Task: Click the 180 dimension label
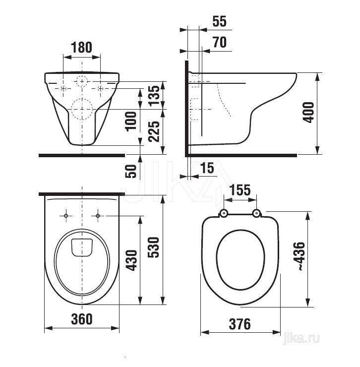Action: coord(81,48)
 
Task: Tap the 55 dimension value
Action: coord(220,21)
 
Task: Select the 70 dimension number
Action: coord(220,42)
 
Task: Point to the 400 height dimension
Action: coord(308,113)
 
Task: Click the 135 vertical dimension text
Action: coord(155,96)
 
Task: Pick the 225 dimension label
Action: coord(155,131)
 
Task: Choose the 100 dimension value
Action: coord(131,122)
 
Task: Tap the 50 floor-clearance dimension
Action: coord(131,172)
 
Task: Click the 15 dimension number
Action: coord(207,168)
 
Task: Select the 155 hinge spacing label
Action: coord(240,190)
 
